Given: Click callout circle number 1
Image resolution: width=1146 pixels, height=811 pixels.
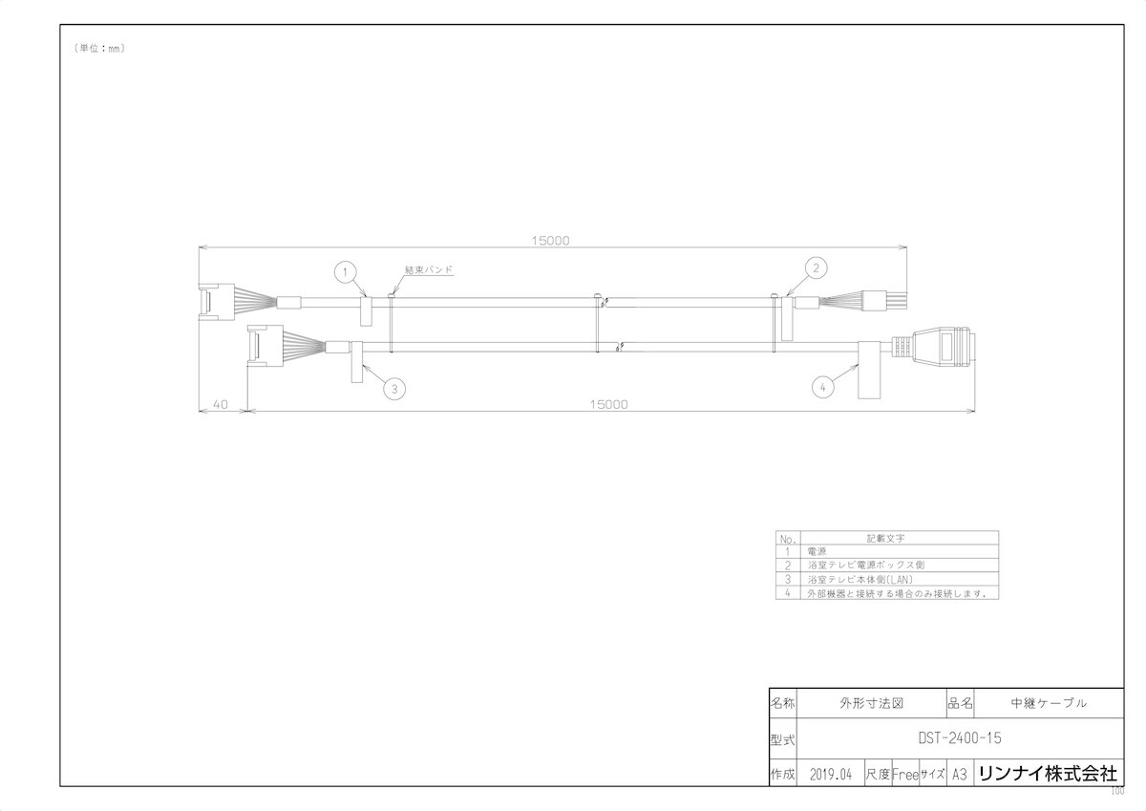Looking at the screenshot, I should coord(347,272).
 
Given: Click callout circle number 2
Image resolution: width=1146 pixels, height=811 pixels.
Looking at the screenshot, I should coord(815,268).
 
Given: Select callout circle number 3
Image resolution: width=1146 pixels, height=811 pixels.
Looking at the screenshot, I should coord(394,388).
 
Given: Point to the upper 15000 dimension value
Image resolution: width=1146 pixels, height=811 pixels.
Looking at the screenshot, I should coord(550,241).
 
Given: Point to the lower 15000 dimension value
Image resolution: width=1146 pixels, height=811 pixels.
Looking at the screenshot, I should coord(609,404).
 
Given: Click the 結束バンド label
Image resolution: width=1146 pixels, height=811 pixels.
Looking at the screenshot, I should coord(428,270).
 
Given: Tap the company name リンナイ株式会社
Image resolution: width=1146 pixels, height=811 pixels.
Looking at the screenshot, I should coord(1048,773).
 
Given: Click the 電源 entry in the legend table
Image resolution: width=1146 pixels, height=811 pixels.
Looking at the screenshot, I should coord(817,551).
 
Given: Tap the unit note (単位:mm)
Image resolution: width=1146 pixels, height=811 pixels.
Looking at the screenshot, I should coord(99,48).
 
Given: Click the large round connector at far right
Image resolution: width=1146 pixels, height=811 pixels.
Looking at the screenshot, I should coord(944,350).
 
